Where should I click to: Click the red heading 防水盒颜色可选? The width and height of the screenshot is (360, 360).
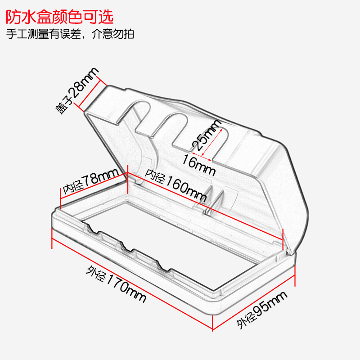(59, 17)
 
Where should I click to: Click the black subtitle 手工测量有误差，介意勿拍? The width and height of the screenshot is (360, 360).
(70, 34)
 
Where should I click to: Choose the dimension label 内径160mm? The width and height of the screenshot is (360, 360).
(176, 186)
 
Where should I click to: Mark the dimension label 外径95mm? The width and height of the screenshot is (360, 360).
(262, 310)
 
